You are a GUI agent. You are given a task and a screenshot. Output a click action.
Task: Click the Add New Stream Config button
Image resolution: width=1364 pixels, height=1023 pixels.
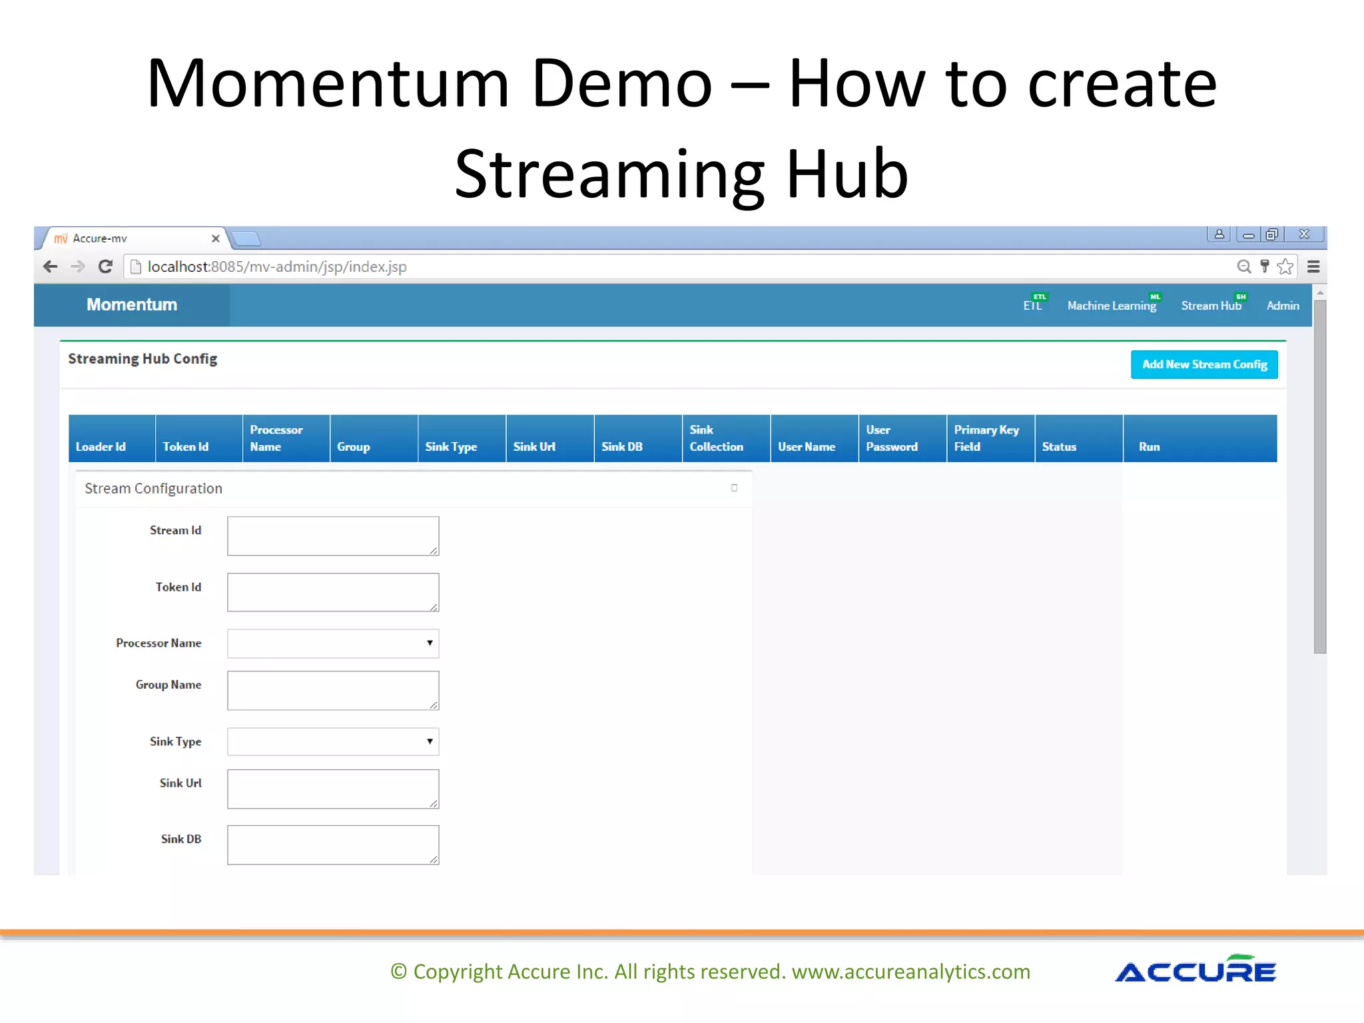[1203, 364]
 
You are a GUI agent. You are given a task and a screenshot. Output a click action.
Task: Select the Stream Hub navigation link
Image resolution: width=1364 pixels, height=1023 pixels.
[1211, 306]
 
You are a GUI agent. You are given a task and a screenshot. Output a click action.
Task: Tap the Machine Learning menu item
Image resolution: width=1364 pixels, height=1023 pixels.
[1111, 306]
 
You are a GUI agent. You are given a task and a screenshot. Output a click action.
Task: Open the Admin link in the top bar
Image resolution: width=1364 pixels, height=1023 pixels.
[1282, 306]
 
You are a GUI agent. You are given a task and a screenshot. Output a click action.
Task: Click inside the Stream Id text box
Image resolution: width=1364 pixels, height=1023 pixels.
[332, 535]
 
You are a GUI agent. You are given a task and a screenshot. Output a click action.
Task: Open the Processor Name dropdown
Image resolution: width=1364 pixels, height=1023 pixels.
[332, 643]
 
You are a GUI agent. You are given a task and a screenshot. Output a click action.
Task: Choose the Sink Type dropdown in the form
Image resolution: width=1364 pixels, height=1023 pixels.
[332, 741]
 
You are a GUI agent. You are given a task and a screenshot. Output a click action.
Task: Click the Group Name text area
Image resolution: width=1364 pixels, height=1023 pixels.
[332, 690]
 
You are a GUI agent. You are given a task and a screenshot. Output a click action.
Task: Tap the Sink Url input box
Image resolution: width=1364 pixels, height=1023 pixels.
[332, 789]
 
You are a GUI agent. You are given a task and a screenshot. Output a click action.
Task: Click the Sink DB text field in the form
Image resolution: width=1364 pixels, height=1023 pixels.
[332, 845]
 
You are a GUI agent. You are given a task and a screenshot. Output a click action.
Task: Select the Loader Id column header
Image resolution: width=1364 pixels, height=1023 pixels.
[101, 446]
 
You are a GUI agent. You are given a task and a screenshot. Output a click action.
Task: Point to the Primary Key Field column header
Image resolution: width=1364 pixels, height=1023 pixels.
[986, 438]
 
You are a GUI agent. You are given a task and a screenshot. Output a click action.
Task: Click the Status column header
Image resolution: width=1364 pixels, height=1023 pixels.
[1059, 446]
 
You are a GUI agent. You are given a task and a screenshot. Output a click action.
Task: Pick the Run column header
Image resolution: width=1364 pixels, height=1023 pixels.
[1149, 446]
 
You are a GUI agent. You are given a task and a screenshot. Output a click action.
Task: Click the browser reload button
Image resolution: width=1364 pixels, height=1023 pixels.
[105, 266]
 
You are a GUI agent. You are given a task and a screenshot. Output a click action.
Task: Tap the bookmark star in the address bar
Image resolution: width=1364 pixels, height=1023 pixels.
[1285, 266]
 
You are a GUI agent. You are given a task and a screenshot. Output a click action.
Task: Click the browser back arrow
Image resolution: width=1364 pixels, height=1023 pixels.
[51, 266]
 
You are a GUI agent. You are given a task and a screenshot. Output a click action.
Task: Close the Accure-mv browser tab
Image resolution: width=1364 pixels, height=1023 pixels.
[215, 238]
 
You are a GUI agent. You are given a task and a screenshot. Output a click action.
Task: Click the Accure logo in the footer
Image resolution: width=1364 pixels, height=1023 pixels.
[1195, 970]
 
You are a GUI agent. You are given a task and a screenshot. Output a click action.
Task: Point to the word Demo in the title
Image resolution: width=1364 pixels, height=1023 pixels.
[622, 85]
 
